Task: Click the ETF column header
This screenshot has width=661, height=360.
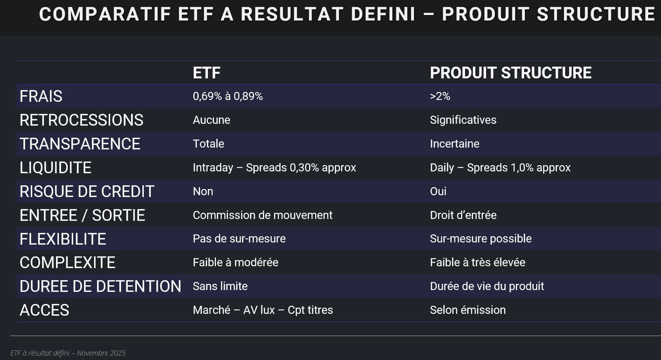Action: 206,73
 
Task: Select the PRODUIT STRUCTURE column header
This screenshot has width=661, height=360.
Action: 511,73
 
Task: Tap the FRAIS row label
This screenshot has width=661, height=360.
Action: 41,96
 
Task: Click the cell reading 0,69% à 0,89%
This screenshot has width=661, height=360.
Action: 228,96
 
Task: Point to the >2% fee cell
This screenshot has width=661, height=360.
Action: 440,96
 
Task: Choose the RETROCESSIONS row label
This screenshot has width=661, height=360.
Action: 81,120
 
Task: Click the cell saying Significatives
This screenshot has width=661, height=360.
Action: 463,120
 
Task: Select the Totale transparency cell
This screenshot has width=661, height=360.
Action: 208,144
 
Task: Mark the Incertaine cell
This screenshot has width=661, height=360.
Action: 455,144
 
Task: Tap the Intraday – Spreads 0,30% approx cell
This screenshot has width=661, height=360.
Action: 275,167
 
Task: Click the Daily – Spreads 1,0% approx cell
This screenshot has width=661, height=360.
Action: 500,167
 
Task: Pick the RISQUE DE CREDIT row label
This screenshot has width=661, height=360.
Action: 87,192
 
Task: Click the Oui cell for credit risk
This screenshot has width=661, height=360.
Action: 438,191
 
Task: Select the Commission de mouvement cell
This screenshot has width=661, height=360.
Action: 262,215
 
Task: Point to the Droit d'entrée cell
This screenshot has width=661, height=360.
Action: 463,215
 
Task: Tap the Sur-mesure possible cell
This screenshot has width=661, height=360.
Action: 481,238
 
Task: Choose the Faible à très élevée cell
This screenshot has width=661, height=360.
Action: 478,262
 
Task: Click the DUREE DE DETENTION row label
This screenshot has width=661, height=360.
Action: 100,286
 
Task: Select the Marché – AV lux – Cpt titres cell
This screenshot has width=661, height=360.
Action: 263,310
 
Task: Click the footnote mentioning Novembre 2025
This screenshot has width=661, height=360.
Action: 68,353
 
